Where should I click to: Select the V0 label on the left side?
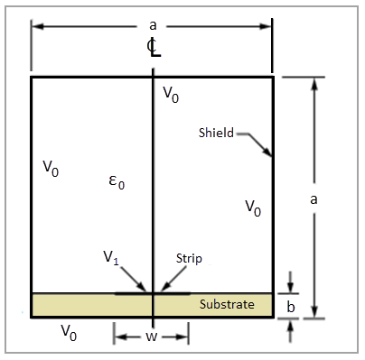(51, 168)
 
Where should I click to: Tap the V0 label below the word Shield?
(253, 208)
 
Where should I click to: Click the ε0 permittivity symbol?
(116, 182)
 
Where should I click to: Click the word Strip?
(189, 258)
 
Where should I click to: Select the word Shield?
(216, 133)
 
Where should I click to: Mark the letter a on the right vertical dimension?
(313, 200)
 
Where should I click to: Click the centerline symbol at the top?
(154, 48)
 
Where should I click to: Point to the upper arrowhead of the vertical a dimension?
(313, 83)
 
